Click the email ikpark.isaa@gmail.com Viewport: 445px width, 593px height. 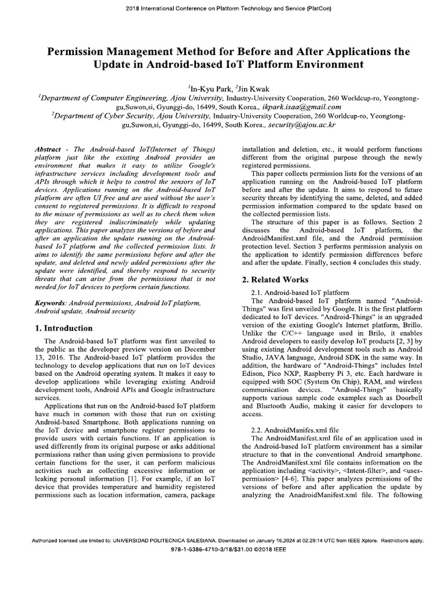click(x=302, y=107)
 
